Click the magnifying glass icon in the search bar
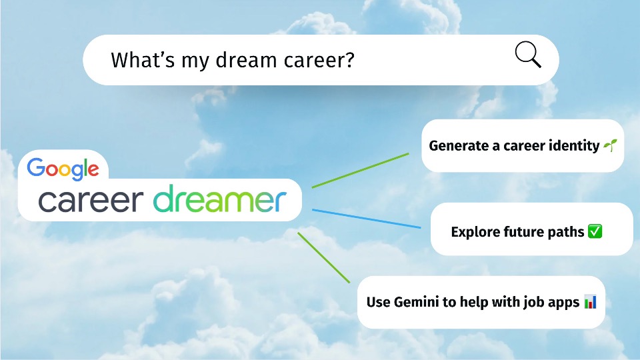click(x=528, y=54)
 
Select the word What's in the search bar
click(x=143, y=60)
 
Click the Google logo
click(x=63, y=169)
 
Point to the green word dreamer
click(x=219, y=199)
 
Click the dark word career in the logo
click(x=91, y=201)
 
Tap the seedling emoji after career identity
click(x=610, y=145)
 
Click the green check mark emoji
click(x=595, y=231)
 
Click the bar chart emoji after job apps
click(x=590, y=301)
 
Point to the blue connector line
click(x=367, y=219)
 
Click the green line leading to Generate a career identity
click(x=361, y=171)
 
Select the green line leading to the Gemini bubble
click(x=324, y=257)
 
